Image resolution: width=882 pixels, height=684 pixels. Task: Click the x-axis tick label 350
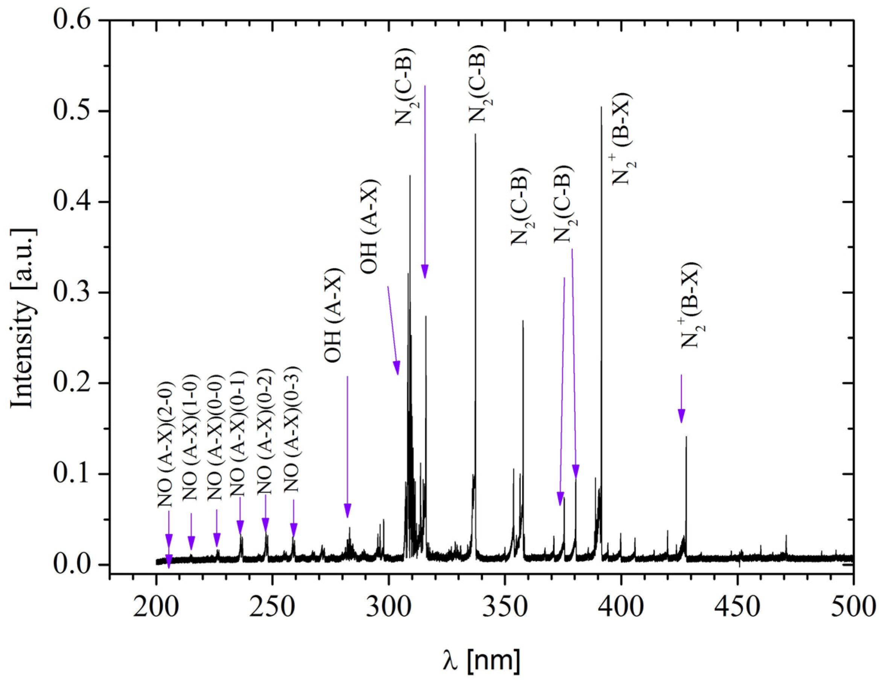pos(505,607)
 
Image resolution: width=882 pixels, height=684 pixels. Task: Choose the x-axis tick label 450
pos(737,607)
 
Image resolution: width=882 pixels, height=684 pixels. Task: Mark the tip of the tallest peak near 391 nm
pos(601,107)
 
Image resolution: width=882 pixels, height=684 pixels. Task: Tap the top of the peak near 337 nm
pos(475,134)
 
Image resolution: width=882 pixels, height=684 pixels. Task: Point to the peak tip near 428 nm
pos(686,437)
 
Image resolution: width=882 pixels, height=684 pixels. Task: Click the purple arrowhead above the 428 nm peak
pos(681,416)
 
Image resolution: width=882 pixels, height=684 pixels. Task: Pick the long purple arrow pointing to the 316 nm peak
pos(425,182)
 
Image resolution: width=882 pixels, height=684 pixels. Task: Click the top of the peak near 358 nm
pos(523,321)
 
